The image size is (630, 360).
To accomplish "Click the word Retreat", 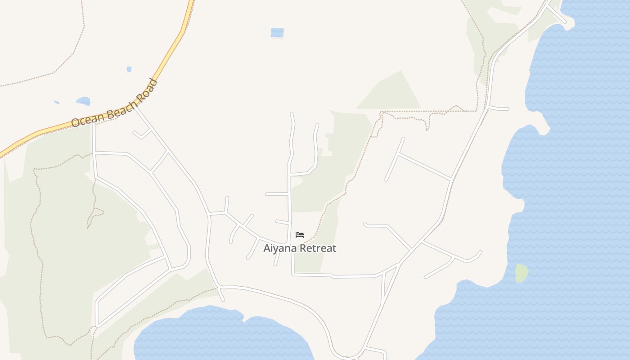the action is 318,248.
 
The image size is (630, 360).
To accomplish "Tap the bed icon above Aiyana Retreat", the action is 300,235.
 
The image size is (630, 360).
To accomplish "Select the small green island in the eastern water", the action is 522,273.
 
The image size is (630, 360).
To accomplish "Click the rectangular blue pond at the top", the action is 277,32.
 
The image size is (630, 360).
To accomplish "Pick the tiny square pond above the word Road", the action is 129,69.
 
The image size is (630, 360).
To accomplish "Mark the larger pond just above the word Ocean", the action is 83,101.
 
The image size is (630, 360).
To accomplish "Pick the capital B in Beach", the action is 106,111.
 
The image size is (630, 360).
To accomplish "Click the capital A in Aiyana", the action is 267,248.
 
